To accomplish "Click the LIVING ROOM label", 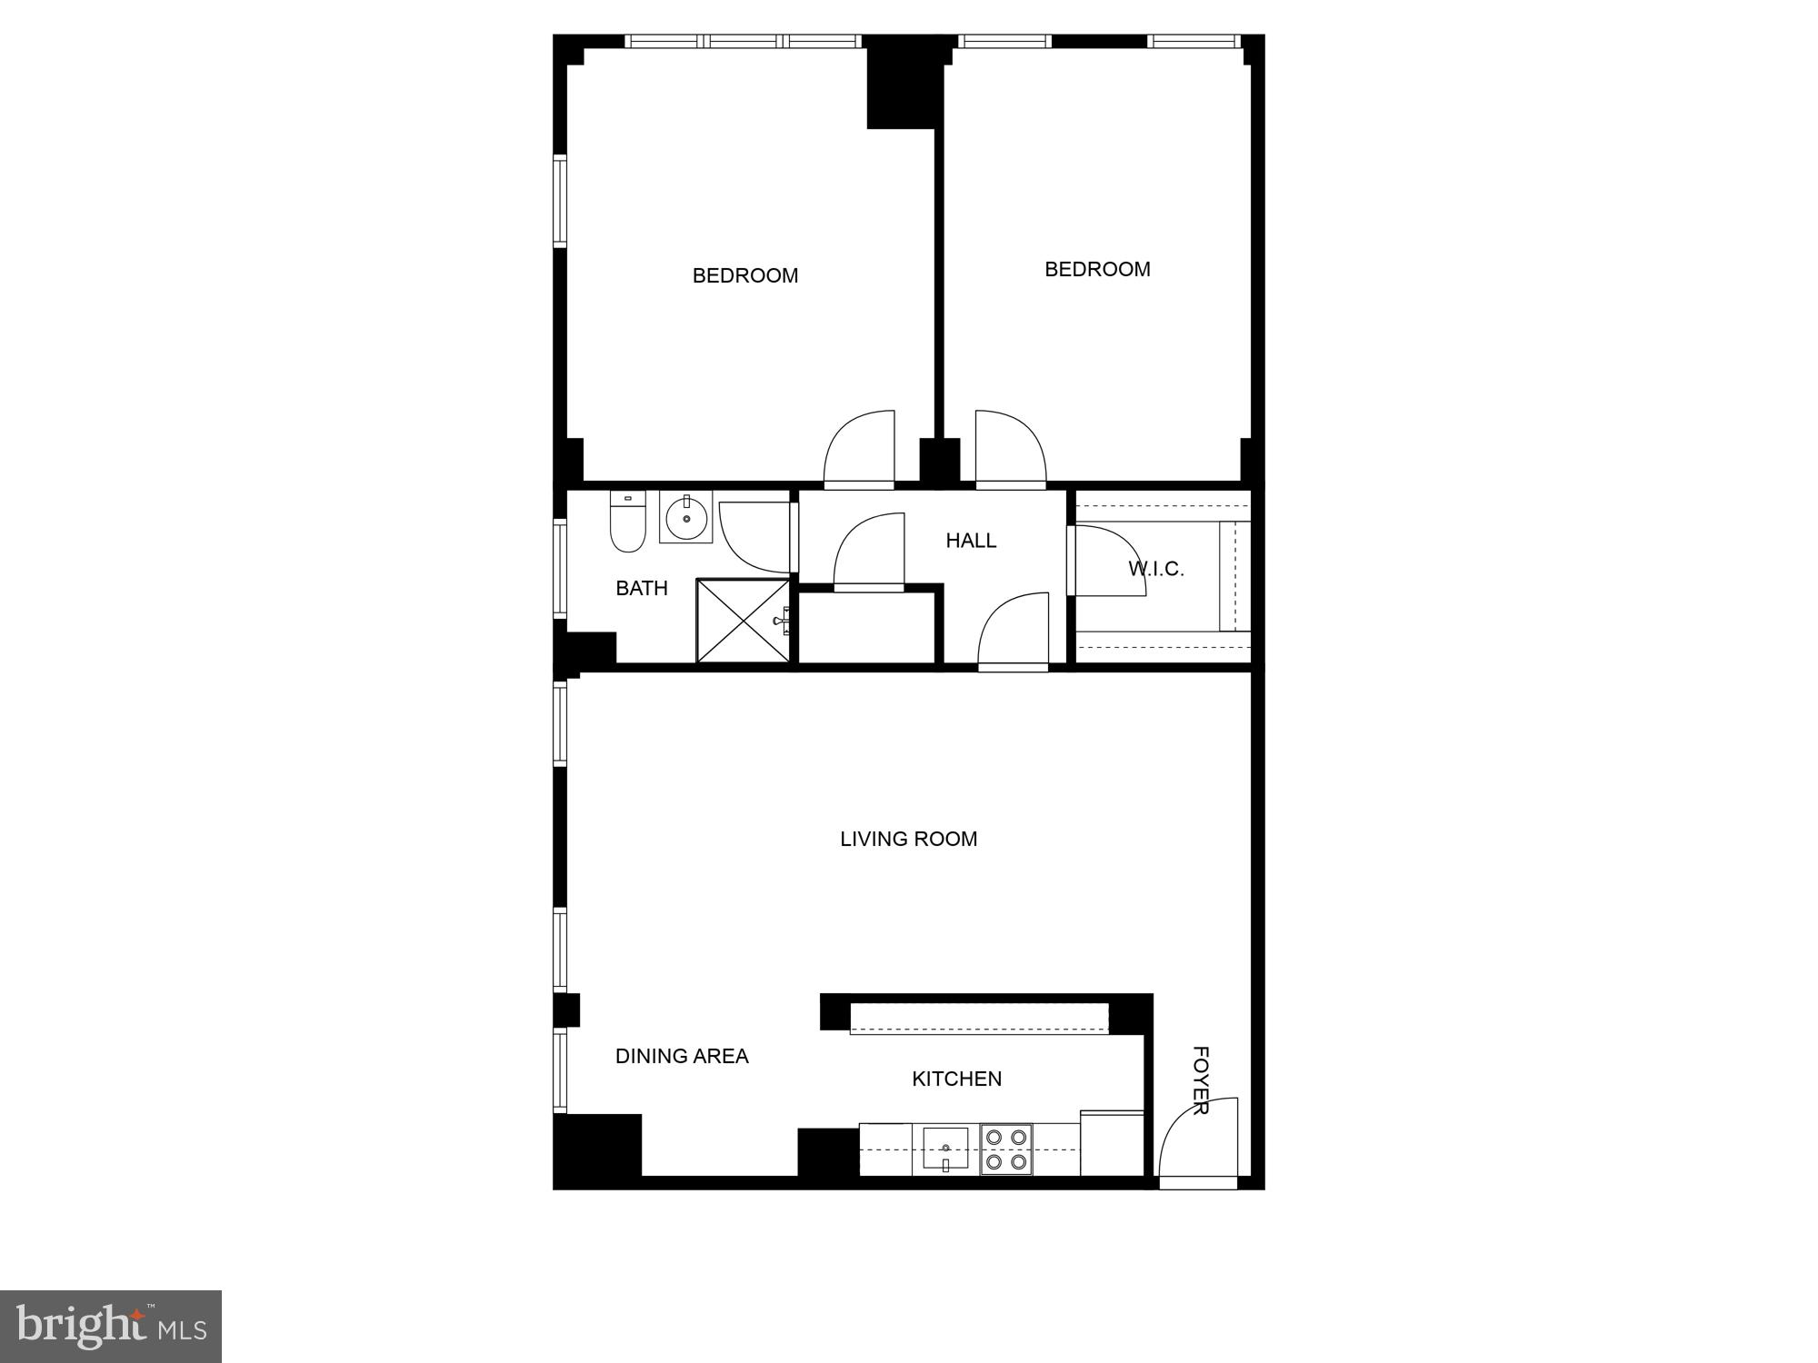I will [908, 839].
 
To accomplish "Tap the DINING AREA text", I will [682, 1056].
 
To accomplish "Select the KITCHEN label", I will [956, 1079].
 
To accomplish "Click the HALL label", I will [971, 541].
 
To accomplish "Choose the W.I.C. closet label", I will [1156, 569].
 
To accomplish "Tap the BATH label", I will [642, 588].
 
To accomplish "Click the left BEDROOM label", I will [745, 275].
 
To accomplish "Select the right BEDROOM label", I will [1097, 269].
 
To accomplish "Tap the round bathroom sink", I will [686, 519].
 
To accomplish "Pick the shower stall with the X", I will [743, 621].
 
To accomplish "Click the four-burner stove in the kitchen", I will [1006, 1149].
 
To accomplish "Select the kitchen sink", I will [945, 1147].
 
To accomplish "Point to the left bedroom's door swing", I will [860, 449].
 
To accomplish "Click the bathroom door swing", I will [754, 536].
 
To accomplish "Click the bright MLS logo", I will [111, 1326].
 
